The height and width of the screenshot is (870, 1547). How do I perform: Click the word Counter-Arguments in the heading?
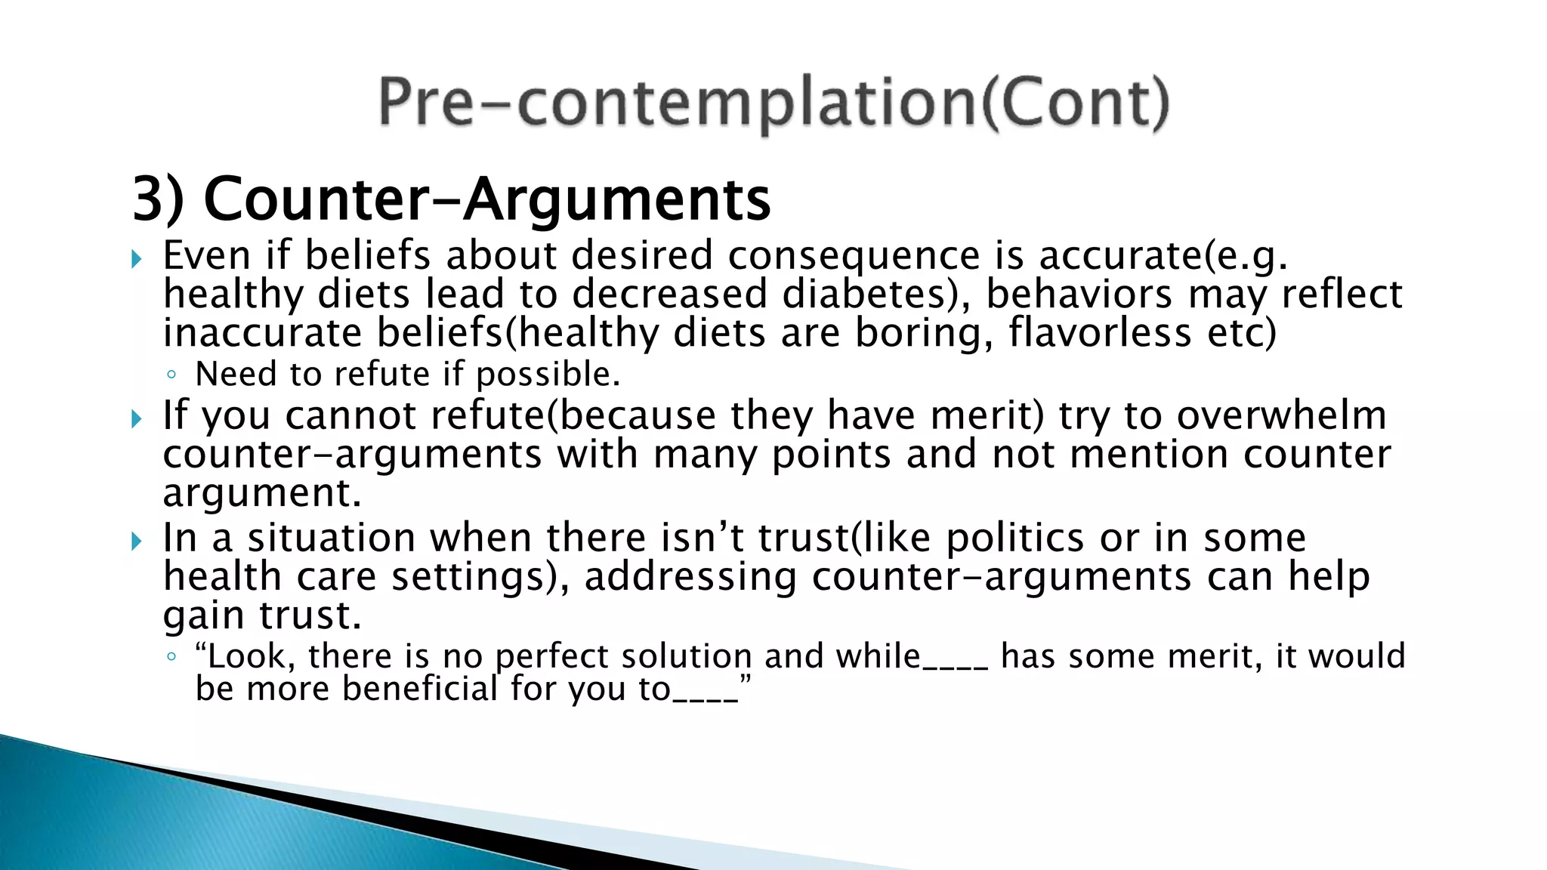click(x=487, y=199)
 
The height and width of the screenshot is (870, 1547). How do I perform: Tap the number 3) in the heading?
click(x=158, y=199)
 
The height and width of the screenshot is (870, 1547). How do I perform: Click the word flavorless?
click(x=1100, y=332)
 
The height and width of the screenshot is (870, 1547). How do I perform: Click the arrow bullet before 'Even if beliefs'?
click(x=137, y=260)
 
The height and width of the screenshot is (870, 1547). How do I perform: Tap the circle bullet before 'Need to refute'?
click(x=171, y=375)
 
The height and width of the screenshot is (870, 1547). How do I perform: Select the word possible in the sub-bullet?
click(x=548, y=375)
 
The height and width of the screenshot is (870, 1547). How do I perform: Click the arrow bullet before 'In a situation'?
click(x=137, y=541)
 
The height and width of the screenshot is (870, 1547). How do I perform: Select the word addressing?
click(x=690, y=577)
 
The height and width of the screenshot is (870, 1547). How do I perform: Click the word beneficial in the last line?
click(x=419, y=688)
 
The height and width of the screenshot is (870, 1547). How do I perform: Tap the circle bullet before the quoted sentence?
click(x=171, y=656)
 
